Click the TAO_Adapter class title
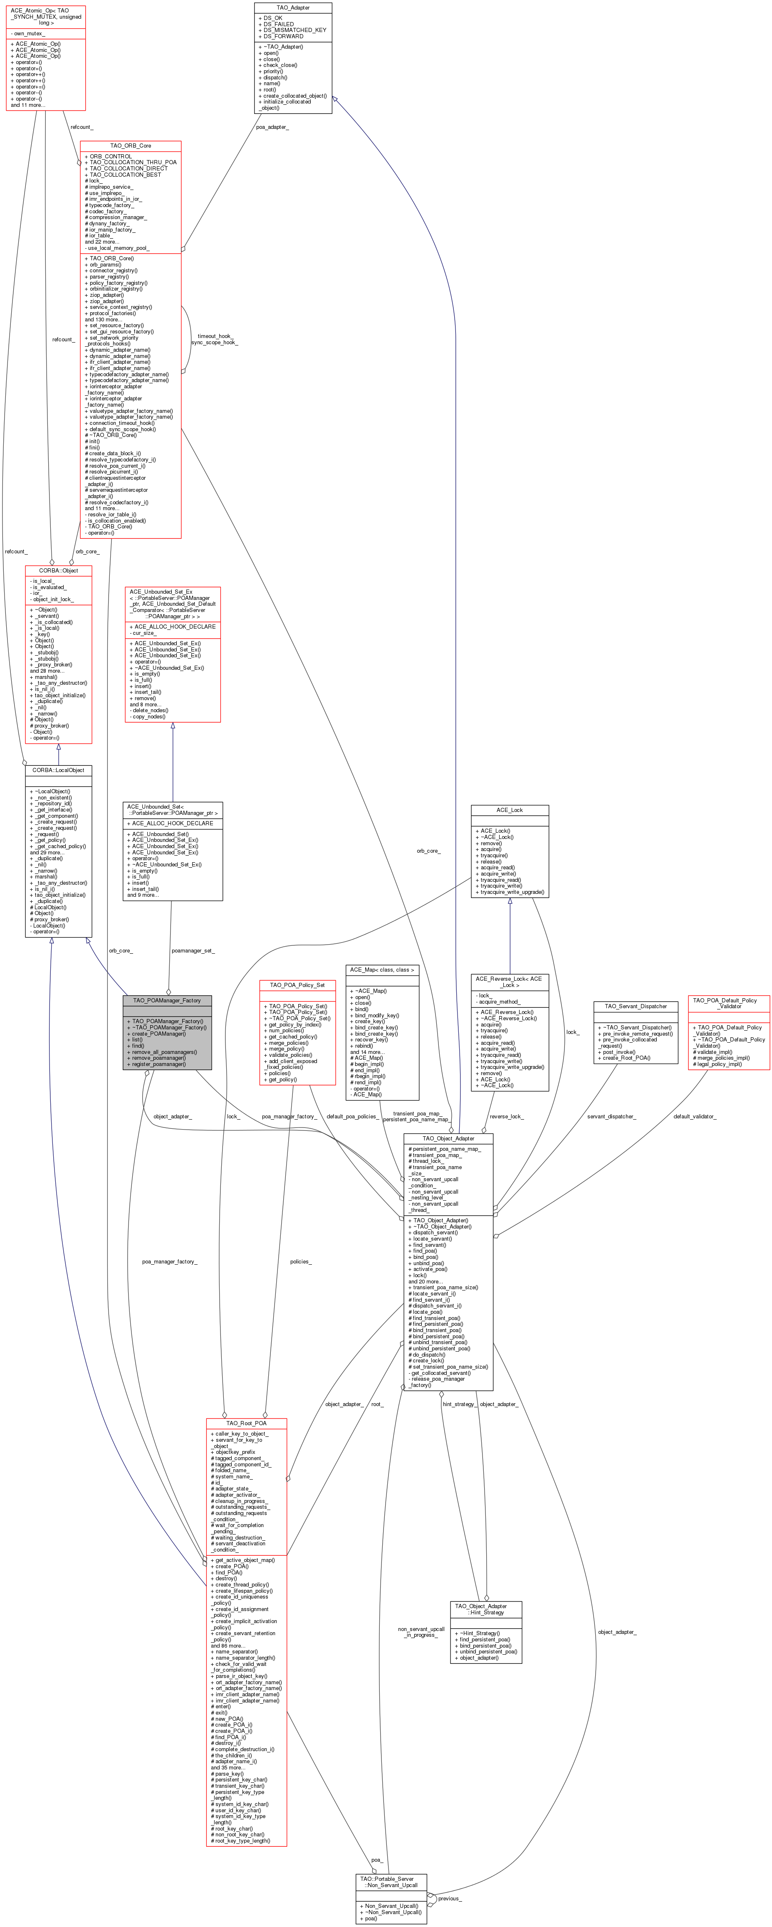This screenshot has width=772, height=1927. point(293,7)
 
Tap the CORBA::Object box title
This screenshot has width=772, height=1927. point(58,570)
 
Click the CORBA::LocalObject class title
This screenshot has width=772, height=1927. point(58,770)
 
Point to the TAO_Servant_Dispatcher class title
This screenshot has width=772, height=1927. point(635,1006)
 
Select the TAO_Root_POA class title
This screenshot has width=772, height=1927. point(246,1423)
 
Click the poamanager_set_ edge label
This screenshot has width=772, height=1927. point(193,951)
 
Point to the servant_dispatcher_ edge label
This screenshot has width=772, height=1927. point(611,1116)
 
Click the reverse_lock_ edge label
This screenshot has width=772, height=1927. point(507,1116)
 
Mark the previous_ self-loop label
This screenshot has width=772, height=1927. point(450,1898)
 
